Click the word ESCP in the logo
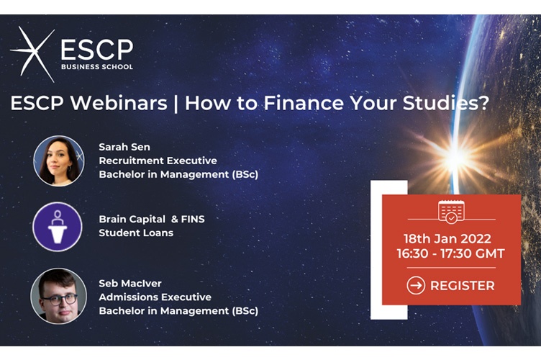96,49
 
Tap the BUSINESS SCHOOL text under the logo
96,68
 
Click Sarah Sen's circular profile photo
58,161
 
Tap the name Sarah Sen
124,147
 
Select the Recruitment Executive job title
158,161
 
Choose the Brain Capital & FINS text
151,219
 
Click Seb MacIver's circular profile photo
58,296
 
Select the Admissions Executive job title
155,297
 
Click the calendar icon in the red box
451,212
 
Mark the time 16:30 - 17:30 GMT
451,253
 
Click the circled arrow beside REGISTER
416,286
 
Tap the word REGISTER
462,286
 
